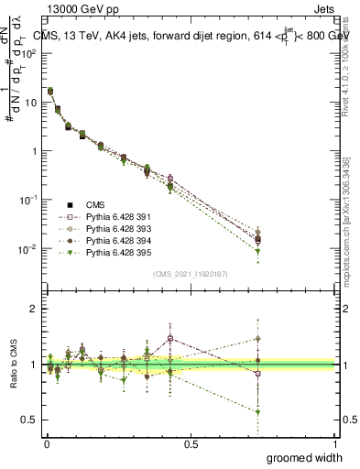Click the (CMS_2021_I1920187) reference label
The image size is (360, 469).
(191, 274)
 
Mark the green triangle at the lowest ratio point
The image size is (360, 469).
(258, 412)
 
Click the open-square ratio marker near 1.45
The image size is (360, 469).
(170, 338)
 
